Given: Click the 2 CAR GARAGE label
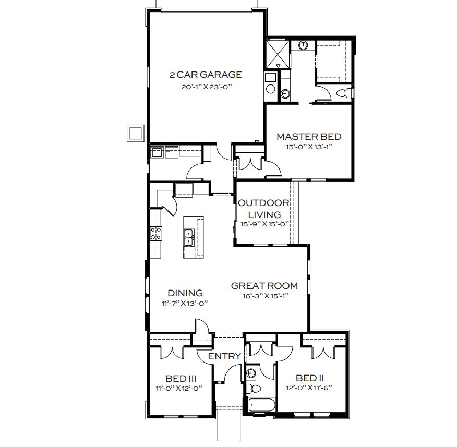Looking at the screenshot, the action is [x=206, y=75].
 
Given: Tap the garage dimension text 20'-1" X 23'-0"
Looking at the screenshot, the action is [x=207, y=87].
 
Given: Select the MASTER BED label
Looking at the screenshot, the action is [x=309, y=137].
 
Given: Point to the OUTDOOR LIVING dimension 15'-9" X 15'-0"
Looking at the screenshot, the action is [x=264, y=224].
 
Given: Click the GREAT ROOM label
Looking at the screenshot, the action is [x=264, y=286].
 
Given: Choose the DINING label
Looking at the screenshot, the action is [x=185, y=293].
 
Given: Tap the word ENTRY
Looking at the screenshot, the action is [x=224, y=356].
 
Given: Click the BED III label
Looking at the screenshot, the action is [x=181, y=379].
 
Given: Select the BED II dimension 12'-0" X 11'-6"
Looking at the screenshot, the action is [x=309, y=388].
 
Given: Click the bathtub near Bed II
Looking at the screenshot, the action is [x=261, y=405].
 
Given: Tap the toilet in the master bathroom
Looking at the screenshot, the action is [x=345, y=93].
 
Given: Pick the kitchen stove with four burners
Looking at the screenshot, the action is [x=156, y=234].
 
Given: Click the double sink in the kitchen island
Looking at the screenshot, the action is [x=189, y=238].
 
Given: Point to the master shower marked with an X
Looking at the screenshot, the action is [x=278, y=55].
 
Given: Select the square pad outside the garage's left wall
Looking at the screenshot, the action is [x=136, y=134].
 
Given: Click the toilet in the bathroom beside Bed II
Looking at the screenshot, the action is [x=254, y=389].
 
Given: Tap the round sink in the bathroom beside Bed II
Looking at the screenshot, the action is [x=251, y=373].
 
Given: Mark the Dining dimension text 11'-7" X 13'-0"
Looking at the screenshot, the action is [x=185, y=304].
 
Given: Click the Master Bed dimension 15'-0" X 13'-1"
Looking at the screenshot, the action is [x=309, y=147].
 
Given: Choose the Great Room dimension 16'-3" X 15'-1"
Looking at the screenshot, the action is [x=266, y=296].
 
